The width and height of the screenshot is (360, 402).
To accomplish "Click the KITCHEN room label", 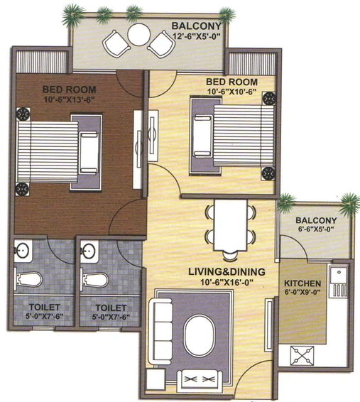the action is coord(302,283).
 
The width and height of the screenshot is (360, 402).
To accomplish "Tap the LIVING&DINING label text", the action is coord(227,272).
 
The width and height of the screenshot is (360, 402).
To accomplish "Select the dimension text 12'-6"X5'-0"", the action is coord(197,36).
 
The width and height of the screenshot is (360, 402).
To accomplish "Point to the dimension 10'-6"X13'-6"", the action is coord(69,99).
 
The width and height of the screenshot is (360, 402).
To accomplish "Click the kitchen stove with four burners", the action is coord(302,355).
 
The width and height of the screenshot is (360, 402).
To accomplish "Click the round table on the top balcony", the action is coord(138,35).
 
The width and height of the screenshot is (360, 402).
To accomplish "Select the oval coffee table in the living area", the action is coord(200,336).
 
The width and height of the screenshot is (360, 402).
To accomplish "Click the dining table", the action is coord(231,225).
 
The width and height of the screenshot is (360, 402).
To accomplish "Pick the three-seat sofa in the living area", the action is coord(161,331).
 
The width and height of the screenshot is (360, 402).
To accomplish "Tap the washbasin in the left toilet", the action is coord(23,251).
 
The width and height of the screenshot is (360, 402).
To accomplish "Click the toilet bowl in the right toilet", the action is coord(94,280).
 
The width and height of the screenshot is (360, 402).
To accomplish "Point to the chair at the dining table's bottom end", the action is coord(230,256).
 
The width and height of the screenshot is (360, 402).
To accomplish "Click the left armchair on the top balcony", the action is coord(116,43).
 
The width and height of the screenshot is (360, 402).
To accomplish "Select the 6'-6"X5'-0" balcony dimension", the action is coord(316,229).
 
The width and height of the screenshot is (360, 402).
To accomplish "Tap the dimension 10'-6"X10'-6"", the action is coord(231,92).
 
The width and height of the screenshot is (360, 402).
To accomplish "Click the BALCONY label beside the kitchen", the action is coord(316,220).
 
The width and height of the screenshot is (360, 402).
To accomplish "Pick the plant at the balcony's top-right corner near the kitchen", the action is coord(349,204).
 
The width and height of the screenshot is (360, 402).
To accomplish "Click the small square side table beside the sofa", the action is coord(156,380).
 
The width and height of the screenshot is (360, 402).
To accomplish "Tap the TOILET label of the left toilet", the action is coord(44,307).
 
